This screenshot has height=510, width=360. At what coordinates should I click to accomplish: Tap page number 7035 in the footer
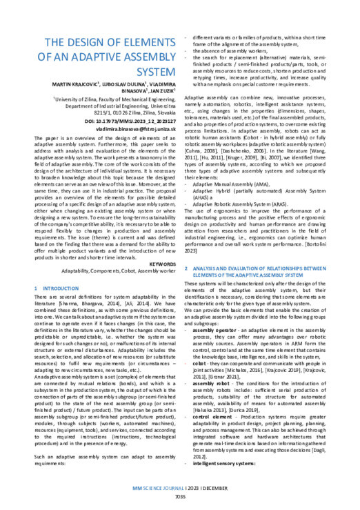pyautogui.click(x=180, y=496)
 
